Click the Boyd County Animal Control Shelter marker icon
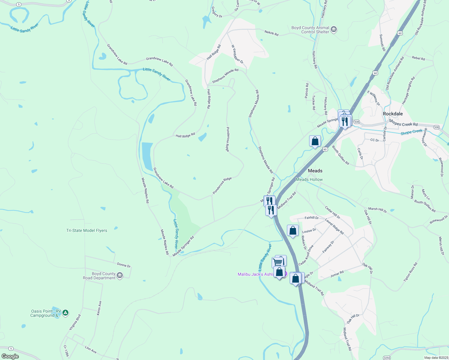[334, 30]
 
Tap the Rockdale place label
[393, 114]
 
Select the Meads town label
[315, 171]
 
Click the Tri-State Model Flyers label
[87, 230]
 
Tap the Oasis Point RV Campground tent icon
[66, 313]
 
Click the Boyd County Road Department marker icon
[120, 275]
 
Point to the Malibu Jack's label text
[255, 274]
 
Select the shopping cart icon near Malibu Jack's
[278, 262]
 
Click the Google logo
[10, 356]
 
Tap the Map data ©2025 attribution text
[436, 358]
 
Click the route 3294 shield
[387, 358]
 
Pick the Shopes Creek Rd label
[403, 123]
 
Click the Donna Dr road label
[124, 265]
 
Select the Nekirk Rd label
[271, 33]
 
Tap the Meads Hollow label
[309, 179]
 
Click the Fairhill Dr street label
[312, 218]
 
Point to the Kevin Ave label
[99, 308]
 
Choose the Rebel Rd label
[418, 58]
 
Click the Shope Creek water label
[411, 132]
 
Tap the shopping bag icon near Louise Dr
[293, 231]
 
